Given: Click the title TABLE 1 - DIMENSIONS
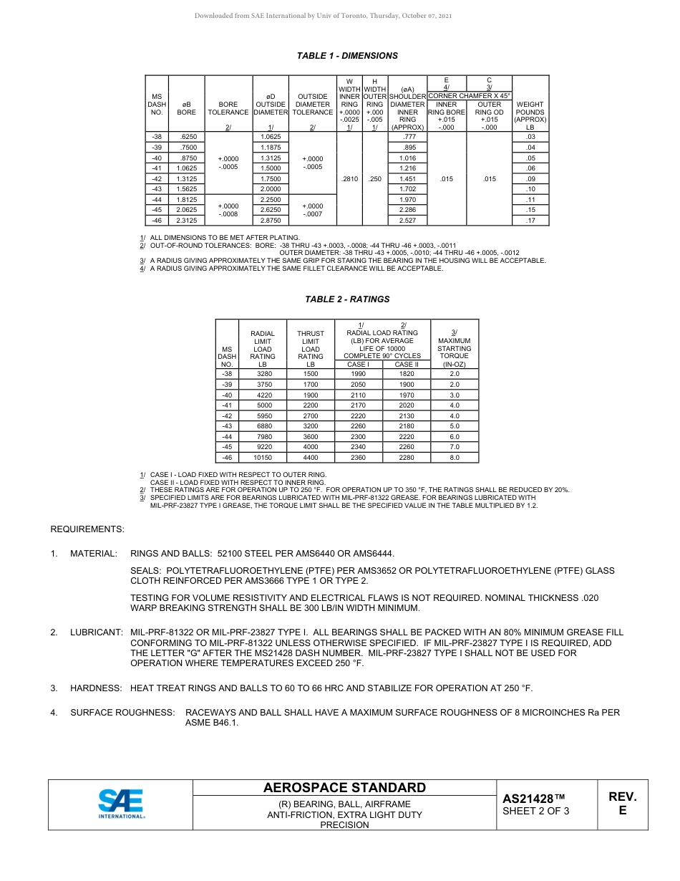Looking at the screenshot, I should (x=347, y=56).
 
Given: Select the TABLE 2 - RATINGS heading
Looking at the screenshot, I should (x=347, y=299).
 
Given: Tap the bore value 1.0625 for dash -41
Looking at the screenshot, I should (x=187, y=168).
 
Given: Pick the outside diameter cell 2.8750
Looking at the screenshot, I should (x=271, y=221).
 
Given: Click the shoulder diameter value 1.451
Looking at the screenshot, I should (x=407, y=179).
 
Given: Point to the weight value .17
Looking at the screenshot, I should (x=530, y=221).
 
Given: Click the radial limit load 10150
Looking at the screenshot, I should (x=263, y=457).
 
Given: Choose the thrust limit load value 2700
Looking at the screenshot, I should (x=311, y=415).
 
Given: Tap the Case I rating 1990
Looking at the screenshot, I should (x=359, y=374).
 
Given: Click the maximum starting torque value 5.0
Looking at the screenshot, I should (x=455, y=425).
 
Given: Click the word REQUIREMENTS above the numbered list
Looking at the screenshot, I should (x=87, y=529).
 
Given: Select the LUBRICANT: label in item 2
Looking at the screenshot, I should (x=97, y=632).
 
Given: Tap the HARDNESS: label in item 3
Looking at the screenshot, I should (x=96, y=688).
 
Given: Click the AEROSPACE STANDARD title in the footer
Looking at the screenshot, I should (x=344, y=788).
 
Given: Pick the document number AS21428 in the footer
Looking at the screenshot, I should (x=528, y=799).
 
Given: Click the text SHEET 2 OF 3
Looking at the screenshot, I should (x=536, y=812).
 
